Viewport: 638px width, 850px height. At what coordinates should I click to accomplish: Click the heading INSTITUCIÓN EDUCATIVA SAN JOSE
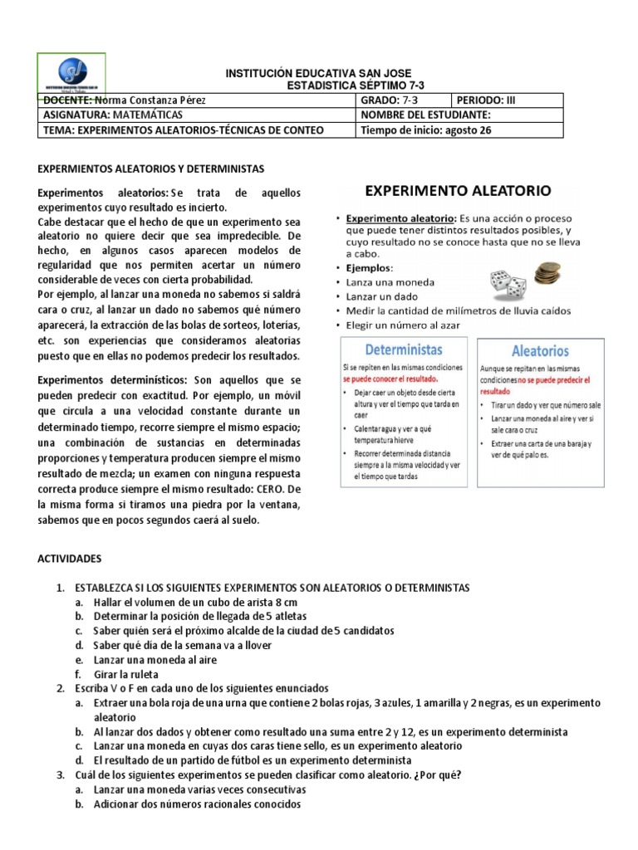[x=318, y=74]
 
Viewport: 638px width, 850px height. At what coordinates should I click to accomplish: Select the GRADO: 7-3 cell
[x=389, y=100]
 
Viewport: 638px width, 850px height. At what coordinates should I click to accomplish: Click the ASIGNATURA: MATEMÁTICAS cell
[x=113, y=115]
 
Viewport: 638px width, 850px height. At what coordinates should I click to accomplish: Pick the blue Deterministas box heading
[x=404, y=349]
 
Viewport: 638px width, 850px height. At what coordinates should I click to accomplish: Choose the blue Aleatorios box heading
[x=540, y=351]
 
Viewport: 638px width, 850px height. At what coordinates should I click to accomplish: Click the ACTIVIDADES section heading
[x=71, y=560]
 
